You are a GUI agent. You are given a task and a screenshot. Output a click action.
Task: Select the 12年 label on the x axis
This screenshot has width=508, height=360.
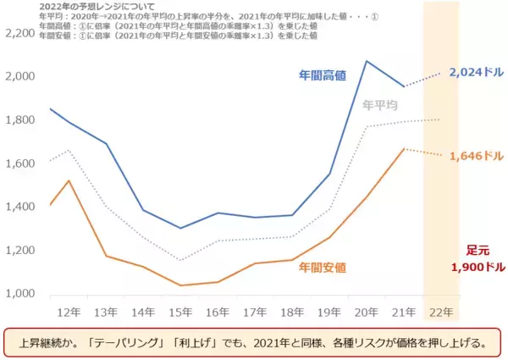(x=63, y=312)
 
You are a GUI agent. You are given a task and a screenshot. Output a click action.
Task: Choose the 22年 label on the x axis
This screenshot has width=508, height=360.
(x=440, y=312)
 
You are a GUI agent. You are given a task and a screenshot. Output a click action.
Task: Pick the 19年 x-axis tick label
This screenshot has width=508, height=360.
(x=328, y=312)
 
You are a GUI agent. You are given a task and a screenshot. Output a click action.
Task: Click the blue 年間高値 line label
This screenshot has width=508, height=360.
(x=322, y=76)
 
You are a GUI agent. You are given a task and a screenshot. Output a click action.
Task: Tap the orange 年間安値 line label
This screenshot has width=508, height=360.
(x=322, y=268)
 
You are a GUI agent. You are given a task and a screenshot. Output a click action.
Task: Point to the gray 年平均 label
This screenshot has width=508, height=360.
(x=380, y=105)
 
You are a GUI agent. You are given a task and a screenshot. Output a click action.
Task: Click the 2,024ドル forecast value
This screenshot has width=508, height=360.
(x=477, y=73)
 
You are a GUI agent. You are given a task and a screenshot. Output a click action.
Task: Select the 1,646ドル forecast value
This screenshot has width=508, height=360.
(x=477, y=156)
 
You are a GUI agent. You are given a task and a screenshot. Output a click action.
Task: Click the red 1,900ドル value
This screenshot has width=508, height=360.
(x=477, y=267)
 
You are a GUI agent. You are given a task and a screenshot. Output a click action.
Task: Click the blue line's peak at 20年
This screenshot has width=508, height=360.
(x=367, y=61)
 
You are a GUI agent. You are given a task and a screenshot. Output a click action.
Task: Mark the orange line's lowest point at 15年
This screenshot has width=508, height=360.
(x=179, y=285)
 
